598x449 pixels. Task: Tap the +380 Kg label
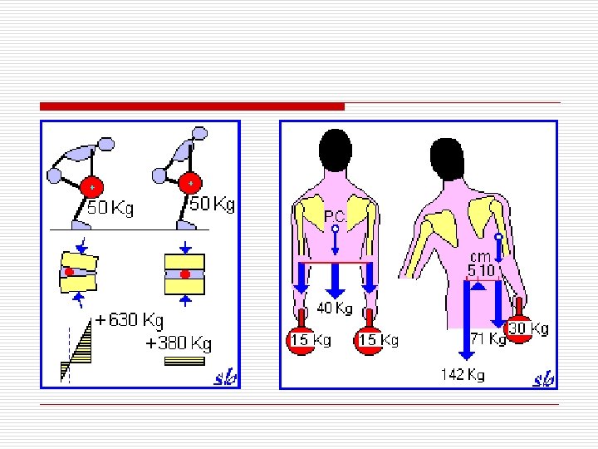(179, 343)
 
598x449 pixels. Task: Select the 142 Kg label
(463, 375)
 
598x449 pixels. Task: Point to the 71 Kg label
(488, 338)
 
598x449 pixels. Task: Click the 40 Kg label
(335, 309)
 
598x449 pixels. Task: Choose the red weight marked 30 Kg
(521, 329)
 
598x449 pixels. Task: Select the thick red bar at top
(192, 106)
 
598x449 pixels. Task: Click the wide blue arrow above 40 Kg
(334, 280)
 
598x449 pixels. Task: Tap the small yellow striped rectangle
(185, 362)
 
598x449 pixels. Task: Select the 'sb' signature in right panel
(543, 378)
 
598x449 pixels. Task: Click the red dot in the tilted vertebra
(70, 272)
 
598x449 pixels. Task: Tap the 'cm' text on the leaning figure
(481, 258)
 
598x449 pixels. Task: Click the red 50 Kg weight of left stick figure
(91, 187)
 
